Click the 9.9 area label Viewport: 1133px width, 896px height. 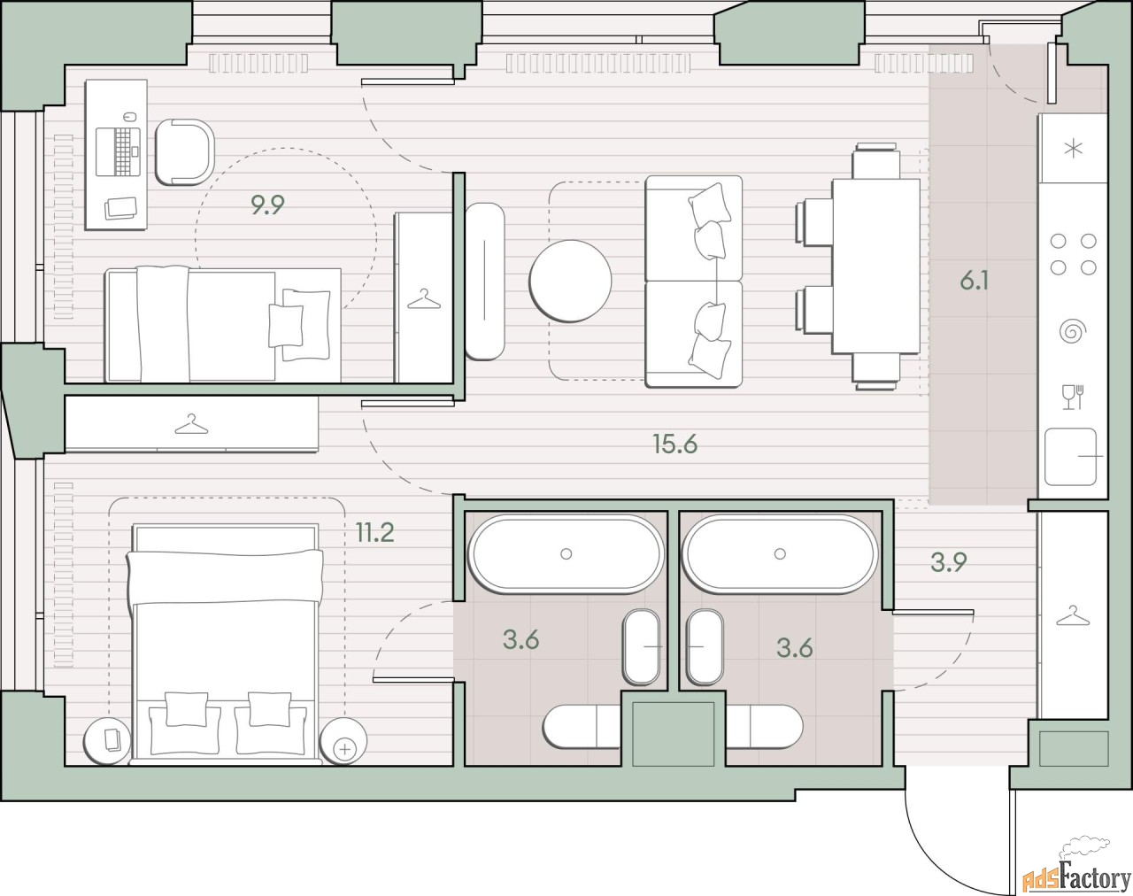click(267, 205)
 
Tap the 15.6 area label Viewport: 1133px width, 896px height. click(675, 444)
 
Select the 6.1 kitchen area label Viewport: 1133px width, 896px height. click(974, 282)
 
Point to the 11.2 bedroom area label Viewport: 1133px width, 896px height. click(374, 532)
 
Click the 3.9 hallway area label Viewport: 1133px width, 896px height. click(949, 562)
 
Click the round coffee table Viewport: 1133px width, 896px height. click(570, 281)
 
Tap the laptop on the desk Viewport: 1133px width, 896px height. click(119, 151)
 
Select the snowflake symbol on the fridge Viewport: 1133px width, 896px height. click(1073, 149)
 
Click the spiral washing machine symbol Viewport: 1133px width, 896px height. click(1073, 332)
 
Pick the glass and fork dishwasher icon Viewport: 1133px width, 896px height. click(1072, 398)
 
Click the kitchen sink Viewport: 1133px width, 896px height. click(1071, 457)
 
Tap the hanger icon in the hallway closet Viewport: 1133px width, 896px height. click(1073, 616)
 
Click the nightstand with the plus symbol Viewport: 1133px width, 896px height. click(343, 741)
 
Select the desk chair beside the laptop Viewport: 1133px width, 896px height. click(185, 152)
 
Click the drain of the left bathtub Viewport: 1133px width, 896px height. click(566, 553)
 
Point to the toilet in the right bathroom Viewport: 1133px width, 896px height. click(765, 727)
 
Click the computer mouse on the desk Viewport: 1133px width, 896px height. click(127, 116)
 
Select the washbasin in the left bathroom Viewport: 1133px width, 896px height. click(641, 647)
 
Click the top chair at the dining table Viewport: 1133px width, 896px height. click(875, 160)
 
